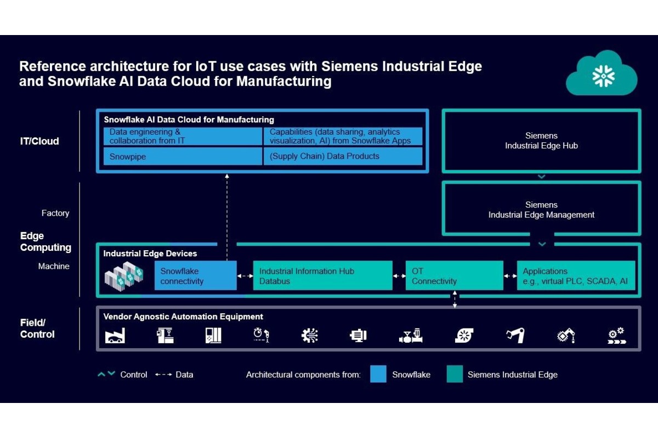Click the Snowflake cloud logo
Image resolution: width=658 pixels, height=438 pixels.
(x=602, y=74)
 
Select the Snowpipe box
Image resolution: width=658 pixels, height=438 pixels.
(x=183, y=156)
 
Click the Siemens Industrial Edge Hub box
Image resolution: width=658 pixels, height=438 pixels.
(x=541, y=141)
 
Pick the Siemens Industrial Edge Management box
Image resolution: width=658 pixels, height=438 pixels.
(x=541, y=210)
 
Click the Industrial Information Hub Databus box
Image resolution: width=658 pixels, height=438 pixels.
(x=322, y=276)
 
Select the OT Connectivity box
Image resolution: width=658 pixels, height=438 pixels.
(x=454, y=276)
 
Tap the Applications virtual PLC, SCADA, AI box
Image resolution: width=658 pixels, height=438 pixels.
(x=576, y=276)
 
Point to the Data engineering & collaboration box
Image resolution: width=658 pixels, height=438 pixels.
(x=183, y=136)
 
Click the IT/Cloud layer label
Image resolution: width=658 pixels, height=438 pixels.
(x=39, y=141)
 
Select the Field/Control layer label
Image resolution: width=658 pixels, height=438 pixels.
(x=37, y=328)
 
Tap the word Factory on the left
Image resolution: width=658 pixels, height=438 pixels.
(x=55, y=213)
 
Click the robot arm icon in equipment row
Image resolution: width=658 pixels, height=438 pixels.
(x=515, y=335)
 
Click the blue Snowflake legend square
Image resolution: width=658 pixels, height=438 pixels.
(x=378, y=374)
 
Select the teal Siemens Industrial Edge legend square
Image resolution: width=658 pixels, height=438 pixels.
(x=454, y=374)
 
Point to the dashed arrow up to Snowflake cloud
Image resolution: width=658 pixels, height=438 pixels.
(x=226, y=214)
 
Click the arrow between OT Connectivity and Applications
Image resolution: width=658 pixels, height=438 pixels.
(x=510, y=276)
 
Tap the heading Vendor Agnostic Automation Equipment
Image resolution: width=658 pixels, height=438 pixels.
(x=183, y=316)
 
